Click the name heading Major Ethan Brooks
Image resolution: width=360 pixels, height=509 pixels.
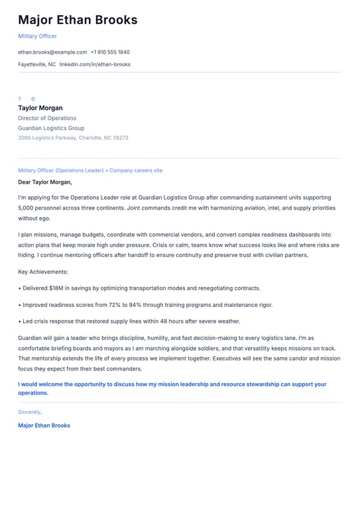[78, 20]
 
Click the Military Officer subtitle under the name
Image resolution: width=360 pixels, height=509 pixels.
[37, 36]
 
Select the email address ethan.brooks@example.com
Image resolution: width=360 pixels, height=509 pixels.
[52, 52]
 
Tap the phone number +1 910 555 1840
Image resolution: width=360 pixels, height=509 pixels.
[110, 52]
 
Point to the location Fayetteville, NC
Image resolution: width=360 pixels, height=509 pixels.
[36, 64]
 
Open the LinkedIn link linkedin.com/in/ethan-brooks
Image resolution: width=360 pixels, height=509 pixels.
[95, 64]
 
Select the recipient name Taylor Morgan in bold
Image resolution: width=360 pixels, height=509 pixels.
[40, 108]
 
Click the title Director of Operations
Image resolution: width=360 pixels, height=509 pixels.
[47, 118]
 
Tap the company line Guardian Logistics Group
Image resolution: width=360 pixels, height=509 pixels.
[51, 128]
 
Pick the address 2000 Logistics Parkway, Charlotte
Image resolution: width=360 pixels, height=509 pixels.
[73, 138]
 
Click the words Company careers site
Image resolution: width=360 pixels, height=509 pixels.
[136, 170]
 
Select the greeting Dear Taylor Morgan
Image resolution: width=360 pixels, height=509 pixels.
[45, 182]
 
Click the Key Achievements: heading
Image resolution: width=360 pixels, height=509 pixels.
[43, 272]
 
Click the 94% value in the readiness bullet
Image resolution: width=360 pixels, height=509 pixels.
[131, 305]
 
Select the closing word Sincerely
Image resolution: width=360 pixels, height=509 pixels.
[30, 412]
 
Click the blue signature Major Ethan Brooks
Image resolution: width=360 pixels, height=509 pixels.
[44, 425]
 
